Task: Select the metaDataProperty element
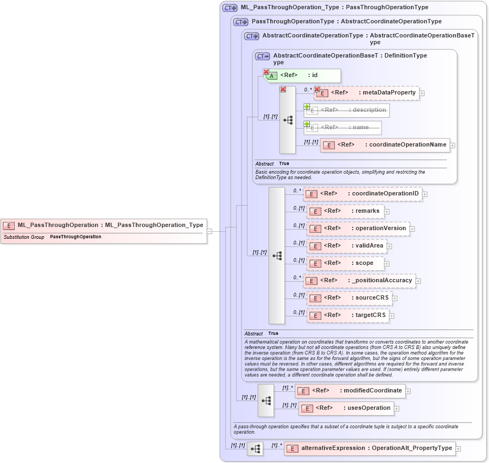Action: point(367,93)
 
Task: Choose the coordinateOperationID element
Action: point(363,194)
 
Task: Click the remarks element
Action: point(345,211)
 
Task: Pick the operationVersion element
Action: point(358,229)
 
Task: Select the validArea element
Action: point(346,246)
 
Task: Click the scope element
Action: point(345,263)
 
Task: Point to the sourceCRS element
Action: point(350,298)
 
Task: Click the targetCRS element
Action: point(348,315)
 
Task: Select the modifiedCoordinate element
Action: point(350,391)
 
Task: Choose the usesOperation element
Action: point(346,408)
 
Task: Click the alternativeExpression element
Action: point(369,448)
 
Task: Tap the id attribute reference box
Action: point(302,75)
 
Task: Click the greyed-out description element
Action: point(347,110)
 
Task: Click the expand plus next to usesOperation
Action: point(397,409)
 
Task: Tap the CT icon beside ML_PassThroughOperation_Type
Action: point(230,8)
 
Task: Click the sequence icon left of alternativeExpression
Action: point(255,449)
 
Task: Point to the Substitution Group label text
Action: point(24,237)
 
